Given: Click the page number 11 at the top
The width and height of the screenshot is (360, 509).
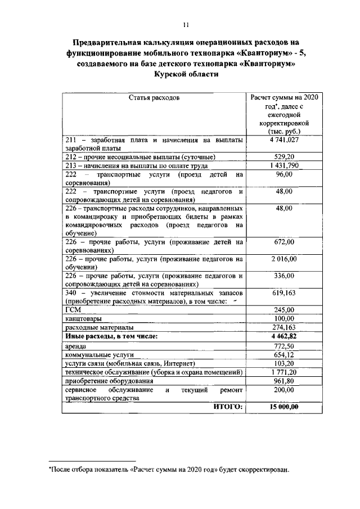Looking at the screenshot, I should (x=186, y=24).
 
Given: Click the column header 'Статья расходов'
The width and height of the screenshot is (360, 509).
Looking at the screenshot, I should (x=154, y=97).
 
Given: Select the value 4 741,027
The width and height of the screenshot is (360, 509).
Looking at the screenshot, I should (x=284, y=139).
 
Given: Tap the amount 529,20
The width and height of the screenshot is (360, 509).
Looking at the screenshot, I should (x=284, y=157).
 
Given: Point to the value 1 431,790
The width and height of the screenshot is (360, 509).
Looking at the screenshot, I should (x=284, y=166).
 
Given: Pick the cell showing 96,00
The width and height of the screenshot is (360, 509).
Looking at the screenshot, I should (x=284, y=175).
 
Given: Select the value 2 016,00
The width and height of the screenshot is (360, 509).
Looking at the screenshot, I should (x=284, y=259).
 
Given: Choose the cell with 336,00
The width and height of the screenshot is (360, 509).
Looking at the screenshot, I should (x=284, y=276).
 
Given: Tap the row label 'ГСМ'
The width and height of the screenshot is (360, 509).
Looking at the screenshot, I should (x=74, y=310).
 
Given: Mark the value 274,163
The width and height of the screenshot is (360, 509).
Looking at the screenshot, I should (x=284, y=327).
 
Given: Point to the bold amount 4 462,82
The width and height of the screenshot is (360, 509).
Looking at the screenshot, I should (x=284, y=336).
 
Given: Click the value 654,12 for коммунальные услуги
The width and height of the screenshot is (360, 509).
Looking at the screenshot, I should (x=284, y=355).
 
